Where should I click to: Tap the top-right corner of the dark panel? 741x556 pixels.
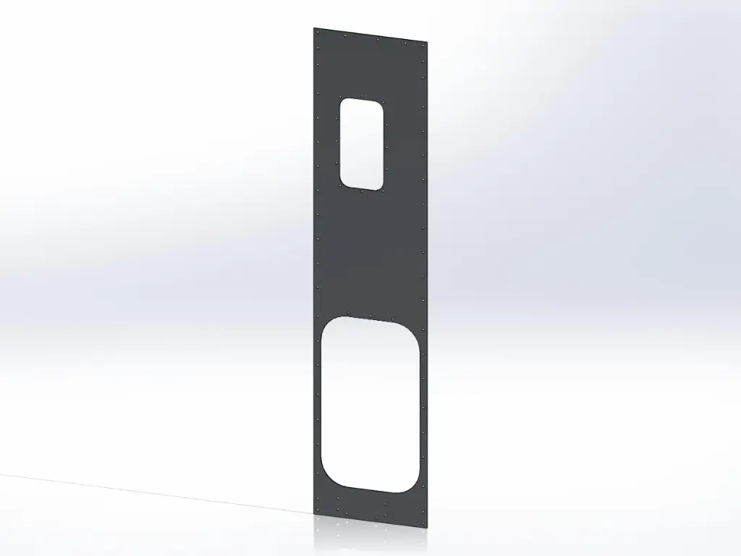pos(426,41)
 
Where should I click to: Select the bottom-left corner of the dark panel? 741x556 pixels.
pos(316,515)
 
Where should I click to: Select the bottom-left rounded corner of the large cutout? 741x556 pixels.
pos(327,477)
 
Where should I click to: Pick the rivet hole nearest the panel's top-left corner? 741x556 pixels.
pos(318,33)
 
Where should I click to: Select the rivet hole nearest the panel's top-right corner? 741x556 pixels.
pos(423,44)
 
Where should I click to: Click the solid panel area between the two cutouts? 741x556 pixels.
pos(369,253)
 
